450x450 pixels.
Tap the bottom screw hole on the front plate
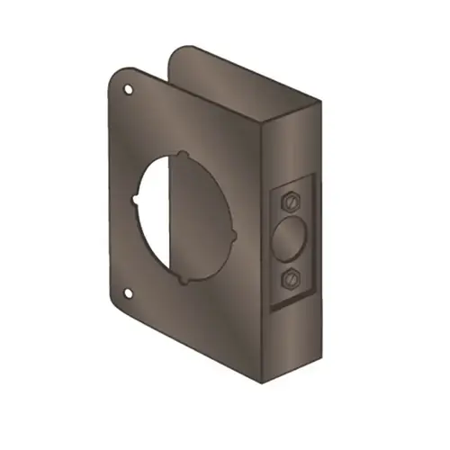tap(128, 292)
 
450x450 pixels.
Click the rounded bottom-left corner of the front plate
tap(118, 301)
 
